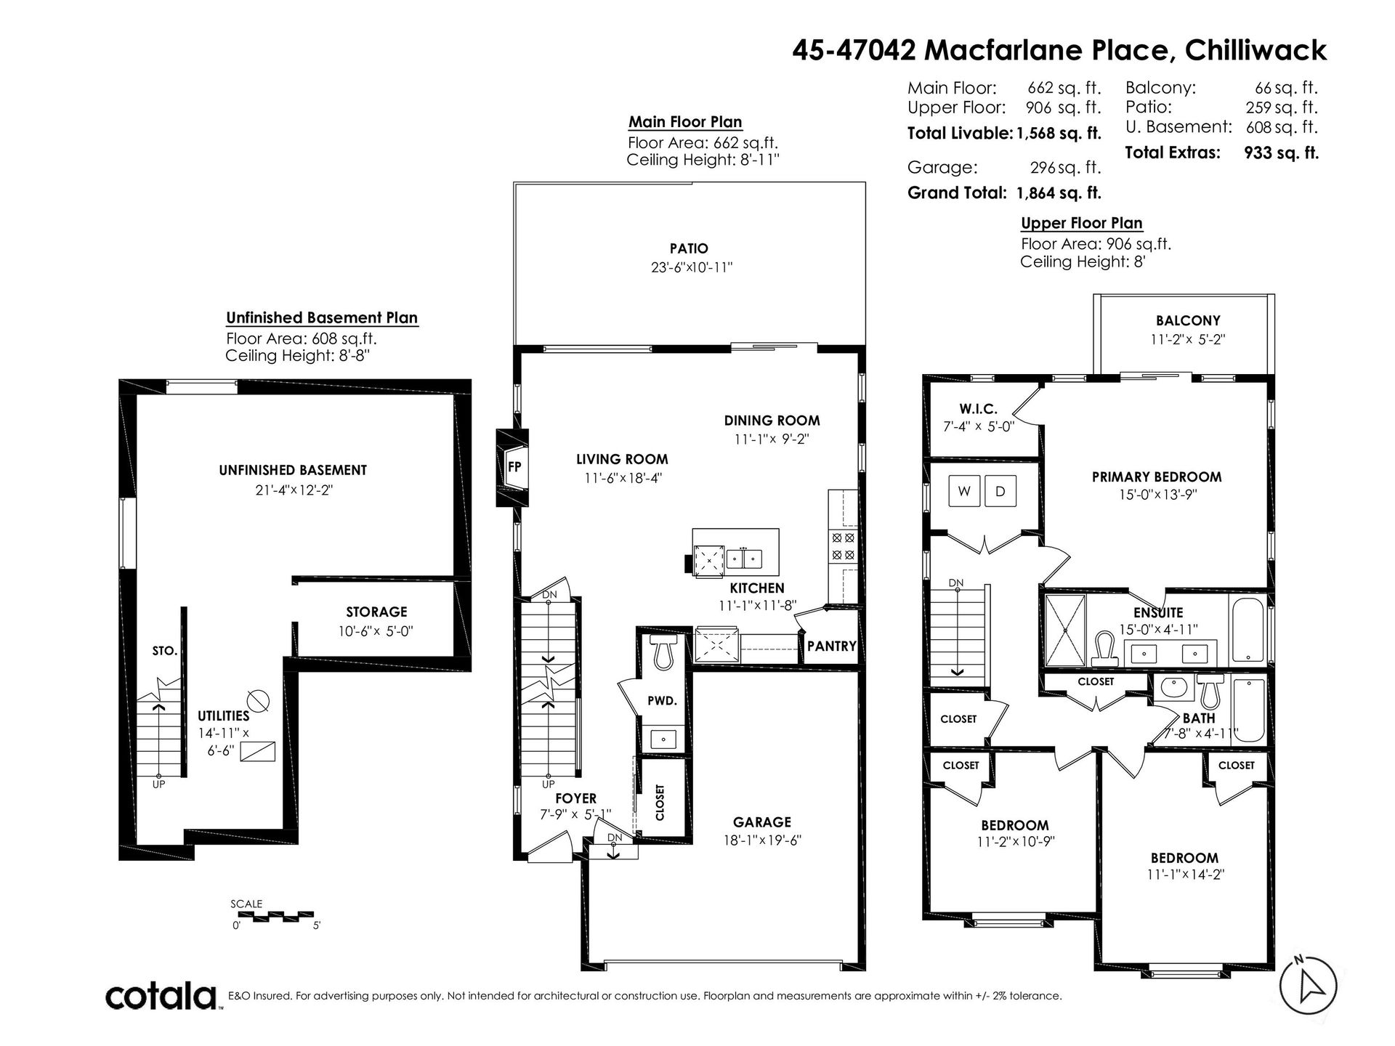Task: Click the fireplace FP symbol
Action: click(x=512, y=467)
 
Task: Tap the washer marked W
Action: click(x=964, y=492)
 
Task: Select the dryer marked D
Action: click(x=1000, y=492)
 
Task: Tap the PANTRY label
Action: click(x=832, y=645)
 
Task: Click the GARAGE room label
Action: click(x=761, y=822)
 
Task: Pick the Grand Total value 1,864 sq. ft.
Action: click(x=1059, y=192)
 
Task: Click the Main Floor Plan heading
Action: click(x=685, y=121)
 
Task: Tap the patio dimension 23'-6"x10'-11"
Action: click(x=692, y=267)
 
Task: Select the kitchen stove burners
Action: click(x=843, y=547)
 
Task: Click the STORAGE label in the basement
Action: click(x=376, y=612)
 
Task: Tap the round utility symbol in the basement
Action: click(x=259, y=701)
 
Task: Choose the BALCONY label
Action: click(x=1188, y=320)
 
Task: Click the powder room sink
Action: click(x=663, y=739)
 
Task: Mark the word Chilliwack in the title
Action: click(x=1255, y=50)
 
